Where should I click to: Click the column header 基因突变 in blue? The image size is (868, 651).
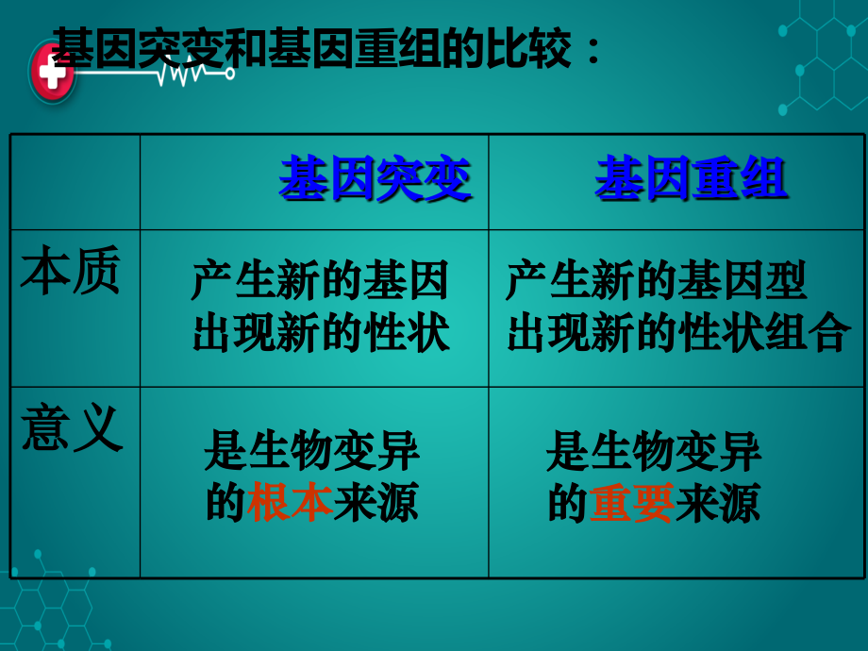[x=375, y=179]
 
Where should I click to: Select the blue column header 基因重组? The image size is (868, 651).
[x=691, y=179]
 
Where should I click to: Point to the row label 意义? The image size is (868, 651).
[x=72, y=428]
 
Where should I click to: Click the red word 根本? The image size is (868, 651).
[x=290, y=503]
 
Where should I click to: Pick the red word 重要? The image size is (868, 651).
[x=631, y=503]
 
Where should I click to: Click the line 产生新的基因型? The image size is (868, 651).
[x=657, y=282]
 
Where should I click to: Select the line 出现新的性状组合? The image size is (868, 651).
[x=678, y=333]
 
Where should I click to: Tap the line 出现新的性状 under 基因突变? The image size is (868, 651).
[x=321, y=333]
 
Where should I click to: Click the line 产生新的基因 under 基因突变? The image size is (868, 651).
[x=320, y=282]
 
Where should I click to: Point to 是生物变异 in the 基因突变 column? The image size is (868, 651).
[x=312, y=452]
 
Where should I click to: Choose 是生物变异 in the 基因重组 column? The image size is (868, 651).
[x=654, y=452]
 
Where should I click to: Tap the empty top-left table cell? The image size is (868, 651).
[x=75, y=181]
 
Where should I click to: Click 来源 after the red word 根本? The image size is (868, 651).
[x=376, y=503]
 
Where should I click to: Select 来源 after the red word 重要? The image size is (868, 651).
[x=717, y=503]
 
